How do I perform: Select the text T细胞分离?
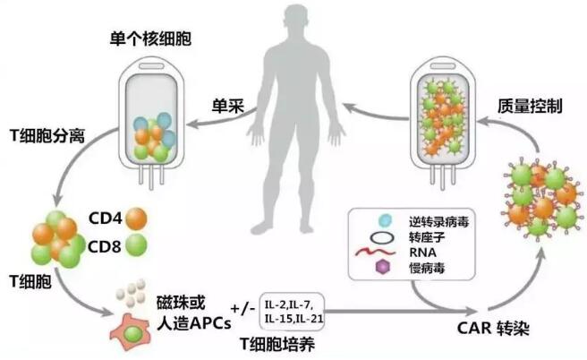(45, 133)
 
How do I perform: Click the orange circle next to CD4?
(137, 217)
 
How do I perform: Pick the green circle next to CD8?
(137, 244)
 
